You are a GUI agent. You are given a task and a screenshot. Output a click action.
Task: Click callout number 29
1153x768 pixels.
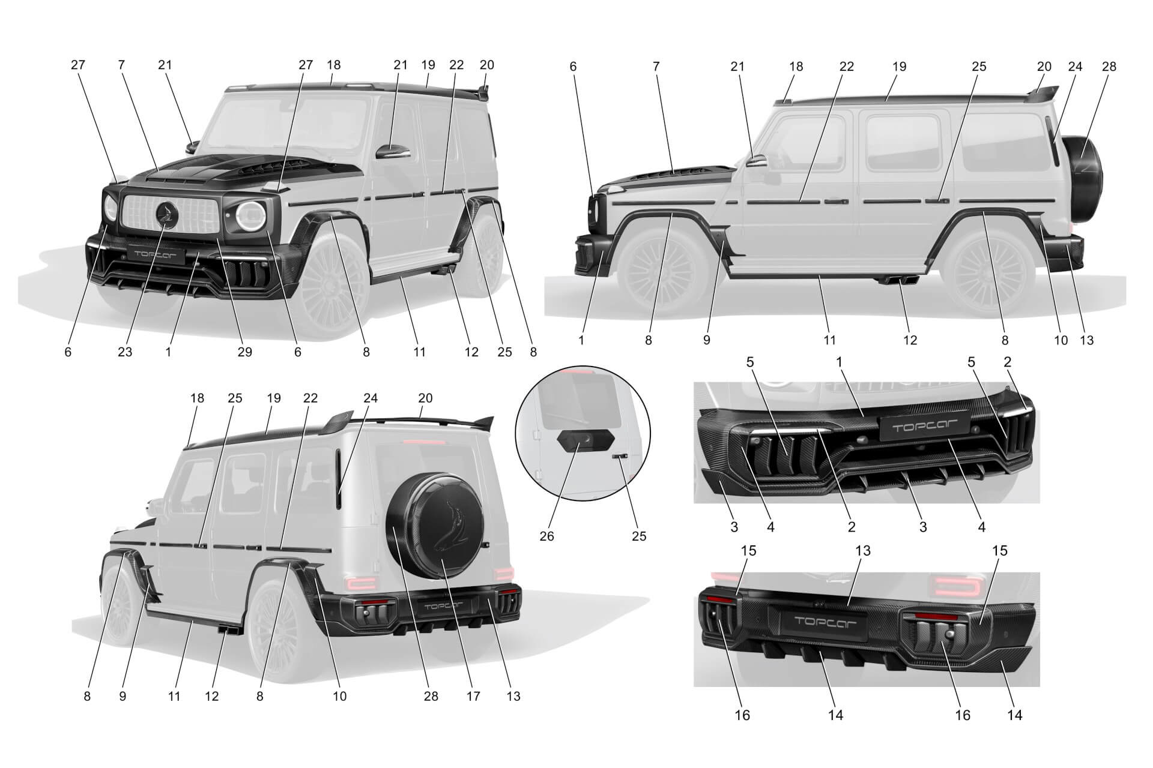click(x=244, y=352)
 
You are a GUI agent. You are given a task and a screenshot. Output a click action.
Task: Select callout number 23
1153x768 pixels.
click(x=124, y=352)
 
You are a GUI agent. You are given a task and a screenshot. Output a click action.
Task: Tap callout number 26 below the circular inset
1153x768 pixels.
click(x=546, y=536)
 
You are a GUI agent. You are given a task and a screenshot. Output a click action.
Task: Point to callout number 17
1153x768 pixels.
click(x=473, y=696)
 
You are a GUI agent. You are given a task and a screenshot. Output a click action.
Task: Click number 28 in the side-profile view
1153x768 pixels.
click(x=1109, y=67)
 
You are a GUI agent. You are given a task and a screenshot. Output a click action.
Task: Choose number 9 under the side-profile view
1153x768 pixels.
click(x=707, y=340)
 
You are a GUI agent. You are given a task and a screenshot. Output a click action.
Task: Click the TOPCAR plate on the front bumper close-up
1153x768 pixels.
click(x=924, y=428)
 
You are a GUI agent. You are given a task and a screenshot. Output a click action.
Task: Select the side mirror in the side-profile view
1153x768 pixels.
click(x=758, y=161)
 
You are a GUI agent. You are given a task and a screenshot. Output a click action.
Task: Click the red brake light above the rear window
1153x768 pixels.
click(x=425, y=442)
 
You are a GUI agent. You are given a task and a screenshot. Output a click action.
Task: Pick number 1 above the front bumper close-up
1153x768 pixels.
click(x=839, y=362)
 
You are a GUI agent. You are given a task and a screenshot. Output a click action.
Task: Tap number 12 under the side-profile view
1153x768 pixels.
click(x=910, y=340)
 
